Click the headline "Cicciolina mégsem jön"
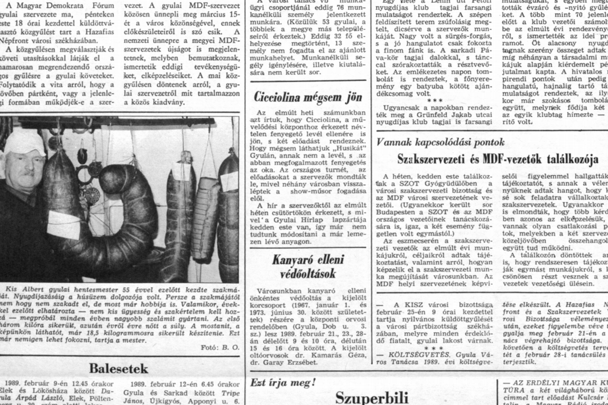point(308,97)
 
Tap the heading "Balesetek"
point(118,369)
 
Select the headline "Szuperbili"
point(371,398)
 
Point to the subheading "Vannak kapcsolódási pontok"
point(440,142)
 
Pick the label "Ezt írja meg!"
point(283,383)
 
